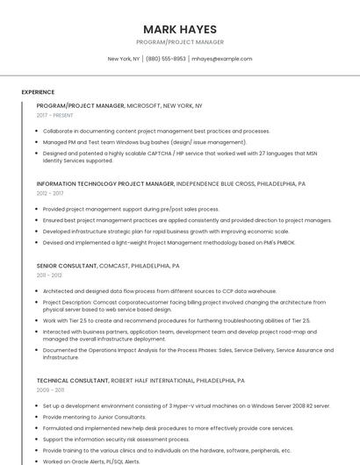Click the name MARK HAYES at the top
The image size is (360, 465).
(179, 28)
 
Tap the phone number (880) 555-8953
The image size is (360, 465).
(166, 59)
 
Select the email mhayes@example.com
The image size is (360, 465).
(221, 59)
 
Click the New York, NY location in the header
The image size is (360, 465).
(124, 59)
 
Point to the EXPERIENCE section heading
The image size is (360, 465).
(38, 92)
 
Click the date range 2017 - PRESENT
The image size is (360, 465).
(55, 115)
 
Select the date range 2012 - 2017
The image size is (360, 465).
(50, 193)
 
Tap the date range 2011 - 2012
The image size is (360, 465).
(49, 275)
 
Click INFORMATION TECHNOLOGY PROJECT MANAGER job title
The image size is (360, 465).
(105, 184)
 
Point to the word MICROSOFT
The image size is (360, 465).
(143, 105)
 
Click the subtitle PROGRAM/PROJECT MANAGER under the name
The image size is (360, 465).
(179, 42)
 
